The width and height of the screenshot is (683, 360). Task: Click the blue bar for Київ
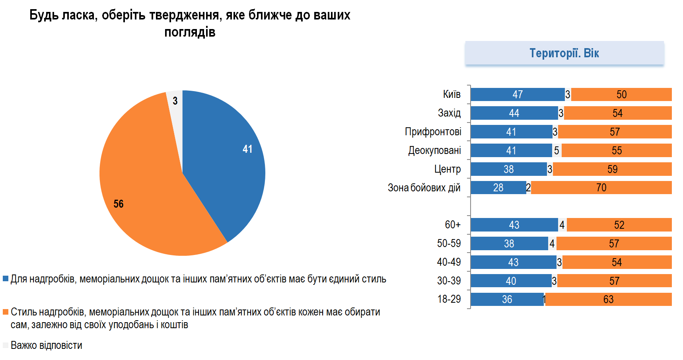coord(517,95)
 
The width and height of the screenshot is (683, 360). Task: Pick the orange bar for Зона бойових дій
coord(601,188)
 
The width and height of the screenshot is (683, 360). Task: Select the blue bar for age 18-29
coord(507,300)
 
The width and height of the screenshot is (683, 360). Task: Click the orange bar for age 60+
coord(619,225)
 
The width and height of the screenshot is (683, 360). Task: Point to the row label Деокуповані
coord(434,151)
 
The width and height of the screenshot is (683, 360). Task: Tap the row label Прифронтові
coord(433,132)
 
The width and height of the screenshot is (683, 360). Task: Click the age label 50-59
coord(449,243)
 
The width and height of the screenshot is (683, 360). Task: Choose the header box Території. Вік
coord(564,53)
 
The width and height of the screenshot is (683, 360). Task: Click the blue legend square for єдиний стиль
coord(6,279)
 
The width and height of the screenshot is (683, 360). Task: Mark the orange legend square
coord(6,312)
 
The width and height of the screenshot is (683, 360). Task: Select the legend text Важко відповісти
coord(47,345)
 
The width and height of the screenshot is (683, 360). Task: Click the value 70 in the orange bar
coord(601,188)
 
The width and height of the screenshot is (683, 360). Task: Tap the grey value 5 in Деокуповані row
coord(557,151)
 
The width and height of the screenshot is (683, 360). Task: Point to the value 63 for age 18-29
coord(608,300)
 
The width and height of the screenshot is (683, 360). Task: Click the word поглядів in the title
coord(190,32)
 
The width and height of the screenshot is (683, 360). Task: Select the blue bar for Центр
coord(508,169)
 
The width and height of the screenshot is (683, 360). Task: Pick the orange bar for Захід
coord(617,113)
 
